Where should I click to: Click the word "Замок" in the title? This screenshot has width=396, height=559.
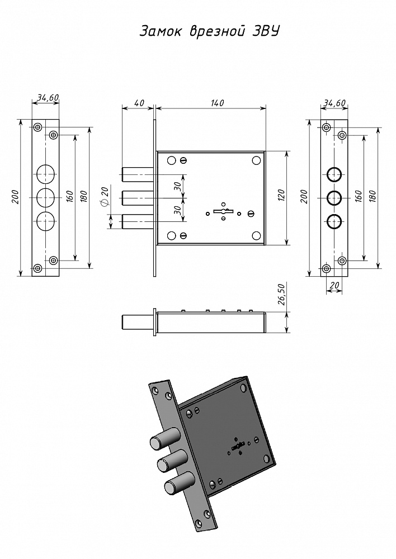point(159,32)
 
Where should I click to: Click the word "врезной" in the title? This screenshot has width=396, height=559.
point(208,32)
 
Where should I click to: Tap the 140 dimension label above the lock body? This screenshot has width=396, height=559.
point(217,103)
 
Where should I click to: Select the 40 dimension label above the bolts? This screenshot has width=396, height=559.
point(139,103)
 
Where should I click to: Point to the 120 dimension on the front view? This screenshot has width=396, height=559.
point(281,195)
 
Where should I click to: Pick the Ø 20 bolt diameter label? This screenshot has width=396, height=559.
point(103,196)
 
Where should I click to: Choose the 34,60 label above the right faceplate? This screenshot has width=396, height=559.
point(334,103)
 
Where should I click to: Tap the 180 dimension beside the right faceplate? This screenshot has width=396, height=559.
point(373,196)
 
